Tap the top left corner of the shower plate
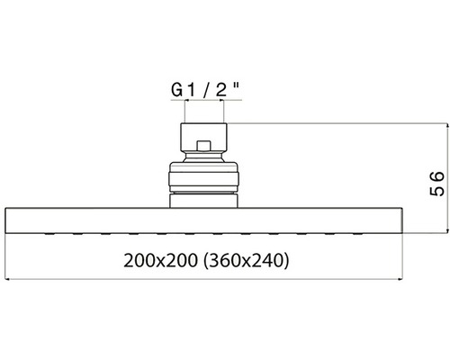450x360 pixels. [x=7, y=209]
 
